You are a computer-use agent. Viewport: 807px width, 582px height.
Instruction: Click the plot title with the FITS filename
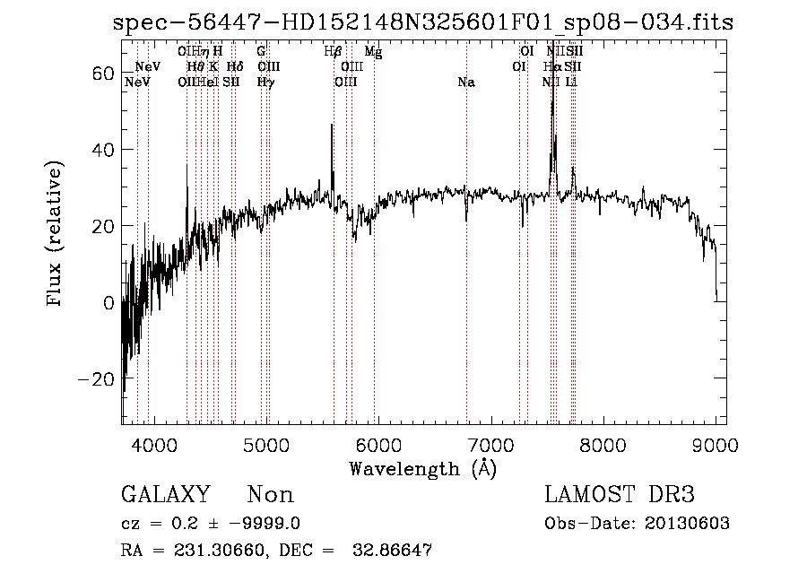tap(423, 23)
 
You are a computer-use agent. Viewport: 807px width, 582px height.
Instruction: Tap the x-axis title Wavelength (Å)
tap(422, 468)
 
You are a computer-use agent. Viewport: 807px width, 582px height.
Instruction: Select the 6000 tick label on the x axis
tap(378, 444)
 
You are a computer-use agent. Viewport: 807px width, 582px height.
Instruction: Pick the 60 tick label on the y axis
tap(101, 73)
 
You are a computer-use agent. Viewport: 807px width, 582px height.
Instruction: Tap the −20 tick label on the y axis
tap(95, 379)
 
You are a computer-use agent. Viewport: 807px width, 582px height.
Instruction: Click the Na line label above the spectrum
tap(465, 83)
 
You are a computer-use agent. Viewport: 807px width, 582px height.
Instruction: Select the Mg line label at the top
tap(373, 53)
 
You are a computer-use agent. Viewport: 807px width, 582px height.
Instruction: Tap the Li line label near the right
tap(572, 83)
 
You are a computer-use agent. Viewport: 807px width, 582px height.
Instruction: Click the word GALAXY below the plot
tap(165, 495)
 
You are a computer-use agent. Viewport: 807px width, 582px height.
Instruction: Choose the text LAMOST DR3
tap(620, 495)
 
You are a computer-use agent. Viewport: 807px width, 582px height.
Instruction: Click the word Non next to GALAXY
tap(270, 495)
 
